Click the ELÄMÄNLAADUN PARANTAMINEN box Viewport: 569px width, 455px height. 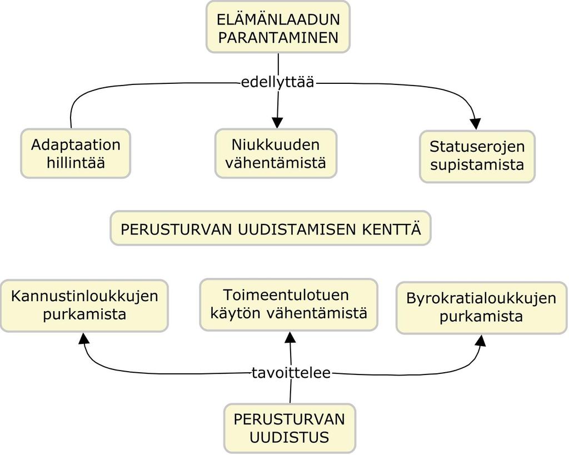pyautogui.click(x=278, y=27)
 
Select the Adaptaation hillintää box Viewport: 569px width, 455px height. pyautogui.click(x=76, y=153)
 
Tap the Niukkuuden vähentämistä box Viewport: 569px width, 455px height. pyautogui.click(x=276, y=153)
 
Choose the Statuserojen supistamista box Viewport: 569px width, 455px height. pyautogui.click(x=477, y=156)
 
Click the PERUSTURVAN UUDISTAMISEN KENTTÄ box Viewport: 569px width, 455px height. pyautogui.click(x=271, y=228)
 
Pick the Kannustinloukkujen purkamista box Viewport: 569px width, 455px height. pyautogui.click(x=84, y=306)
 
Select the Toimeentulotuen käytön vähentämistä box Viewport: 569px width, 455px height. pyautogui.click(x=289, y=304)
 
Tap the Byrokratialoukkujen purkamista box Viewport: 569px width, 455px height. pyautogui.click(x=482, y=308)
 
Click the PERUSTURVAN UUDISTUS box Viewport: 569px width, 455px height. pyautogui.click(x=290, y=428)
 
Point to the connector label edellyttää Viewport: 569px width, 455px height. pyautogui.click(x=278, y=82)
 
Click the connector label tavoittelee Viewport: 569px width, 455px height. pyautogui.click(x=291, y=373)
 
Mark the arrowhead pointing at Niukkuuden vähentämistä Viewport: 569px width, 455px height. pyautogui.click(x=277, y=123)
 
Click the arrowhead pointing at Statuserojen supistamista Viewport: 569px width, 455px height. pyautogui.click(x=476, y=124)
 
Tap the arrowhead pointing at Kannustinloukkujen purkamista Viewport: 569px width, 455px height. pyautogui.click(x=84, y=338)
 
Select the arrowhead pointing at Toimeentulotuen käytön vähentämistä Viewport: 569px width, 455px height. pyautogui.click(x=290, y=337)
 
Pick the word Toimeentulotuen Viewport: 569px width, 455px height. pyautogui.click(x=286, y=295)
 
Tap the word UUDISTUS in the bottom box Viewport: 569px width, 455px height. pyautogui.click(x=289, y=437)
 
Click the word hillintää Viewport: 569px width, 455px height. pyautogui.click(x=76, y=163)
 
